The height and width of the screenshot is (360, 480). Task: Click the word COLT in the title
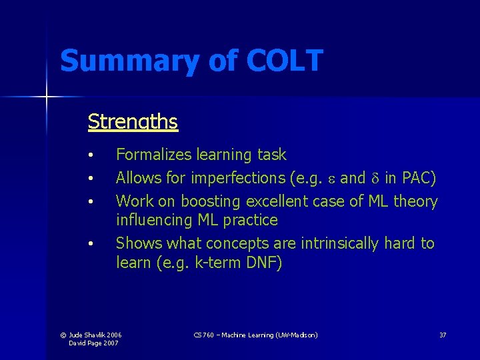(x=285, y=61)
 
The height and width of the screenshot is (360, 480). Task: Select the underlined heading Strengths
(x=133, y=122)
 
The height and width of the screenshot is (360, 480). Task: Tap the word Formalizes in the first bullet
(x=153, y=155)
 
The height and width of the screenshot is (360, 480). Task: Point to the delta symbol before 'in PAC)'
(x=375, y=179)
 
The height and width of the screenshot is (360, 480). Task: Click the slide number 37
(x=443, y=335)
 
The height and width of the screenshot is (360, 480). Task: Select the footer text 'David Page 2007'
(x=93, y=343)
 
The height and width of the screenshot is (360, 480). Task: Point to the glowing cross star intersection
(x=46, y=97)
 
